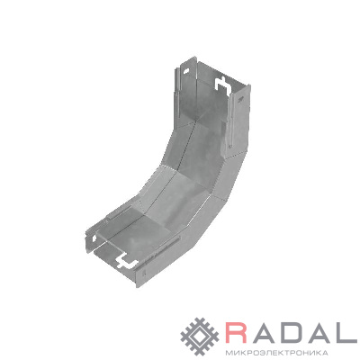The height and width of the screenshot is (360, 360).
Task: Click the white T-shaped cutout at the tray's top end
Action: tap(222, 85)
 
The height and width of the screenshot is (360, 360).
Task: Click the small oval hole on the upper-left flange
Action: tap(186, 72)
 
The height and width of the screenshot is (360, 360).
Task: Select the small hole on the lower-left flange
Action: tap(94, 238)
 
